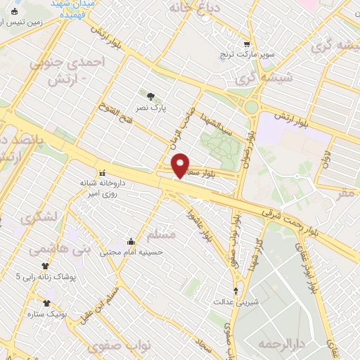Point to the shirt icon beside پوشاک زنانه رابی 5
(46, 266)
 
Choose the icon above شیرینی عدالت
(236, 290)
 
